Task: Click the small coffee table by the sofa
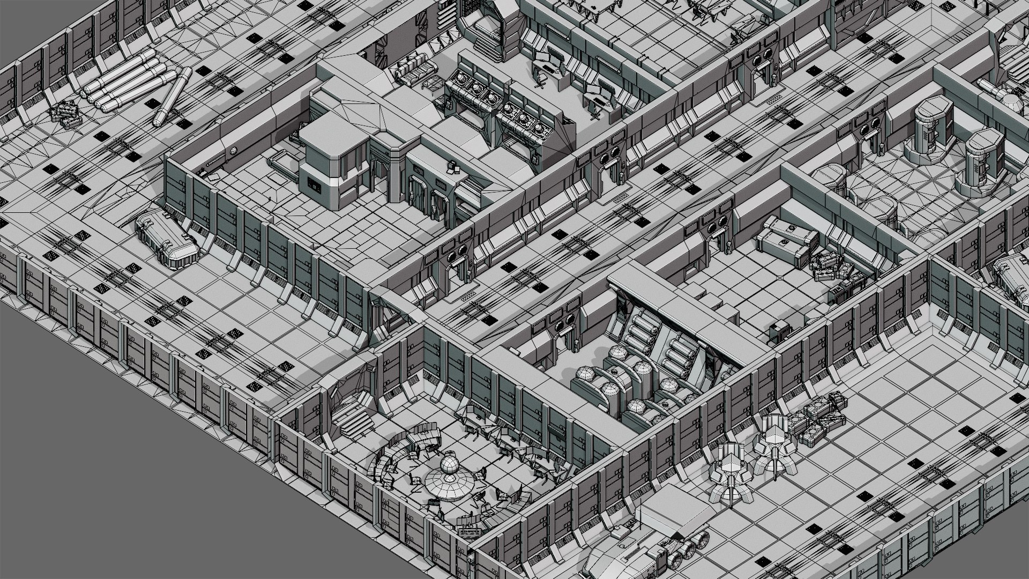[433, 84]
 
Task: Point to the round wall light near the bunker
[233, 152]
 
